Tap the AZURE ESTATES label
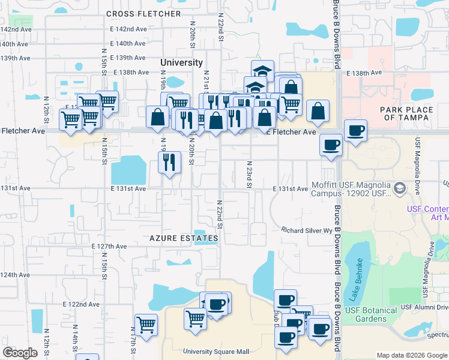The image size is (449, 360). (184, 238)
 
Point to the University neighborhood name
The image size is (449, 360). (181, 62)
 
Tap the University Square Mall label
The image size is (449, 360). (216, 352)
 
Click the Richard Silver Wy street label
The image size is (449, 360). (307, 230)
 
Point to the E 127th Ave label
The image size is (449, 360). (109, 246)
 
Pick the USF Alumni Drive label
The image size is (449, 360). (424, 307)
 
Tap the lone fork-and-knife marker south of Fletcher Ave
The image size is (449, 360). (169, 161)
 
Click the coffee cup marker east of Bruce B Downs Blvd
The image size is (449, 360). (355, 130)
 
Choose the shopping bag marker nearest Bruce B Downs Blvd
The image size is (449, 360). (318, 111)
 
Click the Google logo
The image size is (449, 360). (20, 353)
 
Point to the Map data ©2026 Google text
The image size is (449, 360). (412, 355)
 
